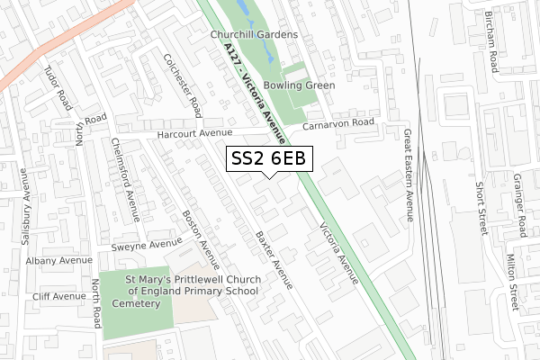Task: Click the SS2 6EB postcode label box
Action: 269,158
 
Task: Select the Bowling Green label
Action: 301,85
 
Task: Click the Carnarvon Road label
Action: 338,123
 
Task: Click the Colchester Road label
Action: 180,83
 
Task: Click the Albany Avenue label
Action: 59,260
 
